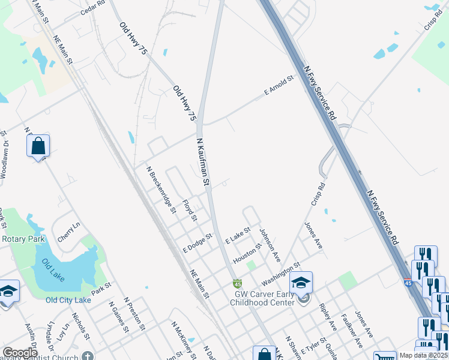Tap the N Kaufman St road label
point(203,161)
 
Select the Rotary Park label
point(23,239)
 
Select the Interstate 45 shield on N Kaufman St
point(238,283)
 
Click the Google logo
point(20,353)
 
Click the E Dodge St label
point(198,242)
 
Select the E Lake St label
point(237,235)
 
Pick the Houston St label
point(248,254)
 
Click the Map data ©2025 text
point(423,355)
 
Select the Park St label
point(101,287)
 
